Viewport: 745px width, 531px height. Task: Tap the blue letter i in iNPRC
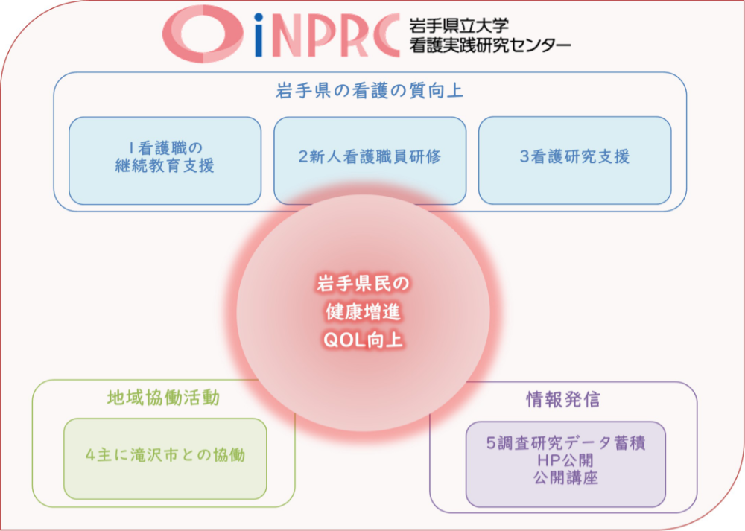(x=259, y=35)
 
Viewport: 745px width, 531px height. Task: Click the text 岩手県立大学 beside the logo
(x=459, y=25)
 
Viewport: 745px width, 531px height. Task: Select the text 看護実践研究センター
(x=490, y=45)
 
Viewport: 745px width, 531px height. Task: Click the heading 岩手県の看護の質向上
(x=370, y=90)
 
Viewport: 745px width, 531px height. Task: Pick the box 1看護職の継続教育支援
(x=165, y=161)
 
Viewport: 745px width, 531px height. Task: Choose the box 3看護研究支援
(x=575, y=161)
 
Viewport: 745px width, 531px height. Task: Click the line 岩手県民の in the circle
(x=363, y=284)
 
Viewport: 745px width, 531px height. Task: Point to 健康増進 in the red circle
(x=363, y=312)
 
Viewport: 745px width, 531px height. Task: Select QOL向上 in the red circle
(x=363, y=340)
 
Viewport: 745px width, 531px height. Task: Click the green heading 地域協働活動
(x=163, y=398)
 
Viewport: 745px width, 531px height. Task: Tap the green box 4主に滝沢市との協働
(x=165, y=458)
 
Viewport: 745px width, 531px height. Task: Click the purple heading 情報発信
(x=563, y=399)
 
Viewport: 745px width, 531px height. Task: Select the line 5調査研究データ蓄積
(x=565, y=443)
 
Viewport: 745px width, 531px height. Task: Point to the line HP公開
(x=565, y=460)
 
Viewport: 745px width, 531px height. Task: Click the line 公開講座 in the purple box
(x=565, y=477)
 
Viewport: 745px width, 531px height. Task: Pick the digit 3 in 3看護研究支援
(x=524, y=156)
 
